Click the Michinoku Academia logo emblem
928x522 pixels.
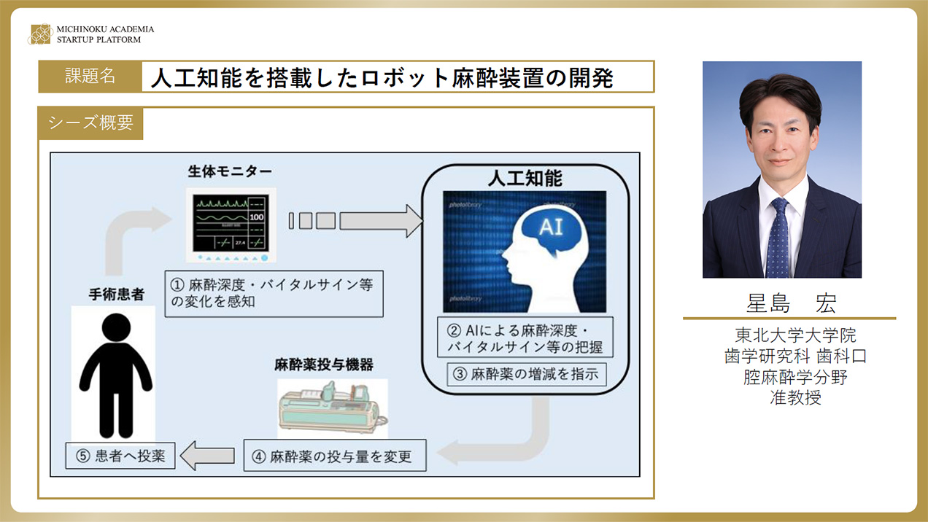[41, 34]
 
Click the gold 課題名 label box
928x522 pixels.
[90, 77]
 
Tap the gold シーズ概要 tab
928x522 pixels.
[90, 123]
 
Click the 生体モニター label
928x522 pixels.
[230, 171]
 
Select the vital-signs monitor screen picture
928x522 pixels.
[231, 225]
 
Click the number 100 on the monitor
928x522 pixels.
[257, 217]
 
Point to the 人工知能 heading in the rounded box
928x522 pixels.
[525, 179]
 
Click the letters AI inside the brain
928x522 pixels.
[551, 227]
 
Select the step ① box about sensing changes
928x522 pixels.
[274, 294]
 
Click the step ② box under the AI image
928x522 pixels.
[525, 338]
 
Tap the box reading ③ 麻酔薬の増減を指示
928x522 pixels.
[527, 375]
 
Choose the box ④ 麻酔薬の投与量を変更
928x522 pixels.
[335, 456]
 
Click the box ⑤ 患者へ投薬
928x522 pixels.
[120, 456]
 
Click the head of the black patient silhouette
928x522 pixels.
[116, 327]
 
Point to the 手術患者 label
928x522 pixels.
[117, 295]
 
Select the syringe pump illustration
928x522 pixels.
[332, 408]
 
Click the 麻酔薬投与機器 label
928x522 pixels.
[323, 365]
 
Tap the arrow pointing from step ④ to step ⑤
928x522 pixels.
[207, 456]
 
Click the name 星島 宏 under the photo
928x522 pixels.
[792, 303]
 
